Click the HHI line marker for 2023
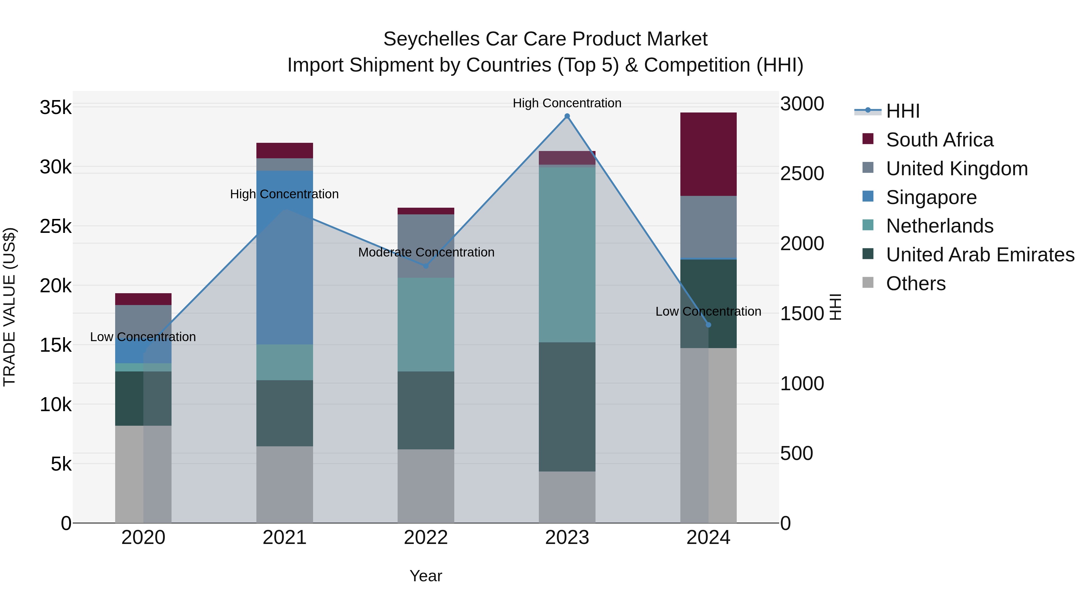tap(567, 116)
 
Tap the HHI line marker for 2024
tap(709, 325)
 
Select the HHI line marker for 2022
tap(426, 266)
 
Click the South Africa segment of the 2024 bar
tap(709, 154)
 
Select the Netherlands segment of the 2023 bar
tap(567, 254)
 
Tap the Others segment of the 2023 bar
tap(567, 497)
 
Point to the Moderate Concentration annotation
tap(426, 253)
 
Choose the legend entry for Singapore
tap(931, 197)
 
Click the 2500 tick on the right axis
tap(802, 174)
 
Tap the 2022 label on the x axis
tap(426, 538)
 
